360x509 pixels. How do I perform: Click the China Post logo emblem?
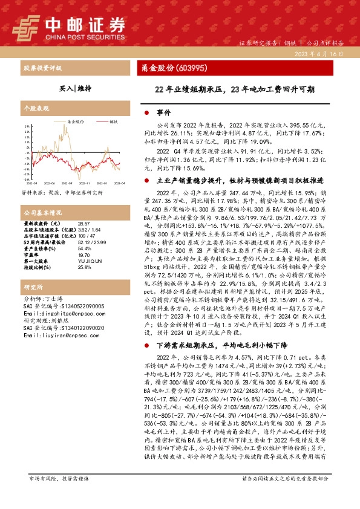click(x=26, y=27)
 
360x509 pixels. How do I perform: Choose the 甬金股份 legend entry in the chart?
click(x=73, y=121)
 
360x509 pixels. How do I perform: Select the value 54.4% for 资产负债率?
click(x=84, y=248)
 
